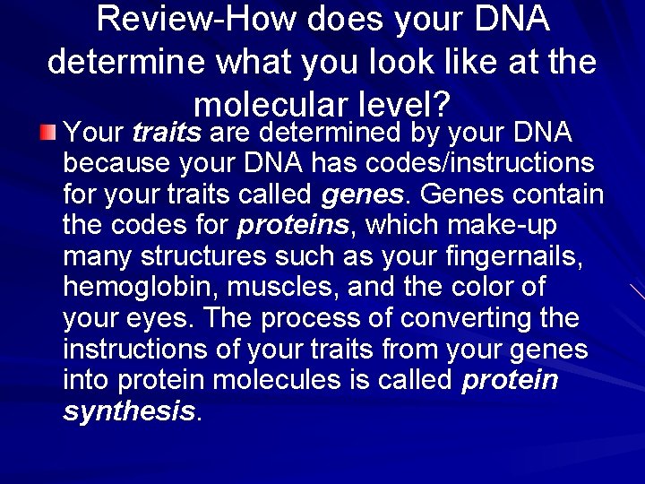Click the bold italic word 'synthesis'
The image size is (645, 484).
(x=129, y=411)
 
